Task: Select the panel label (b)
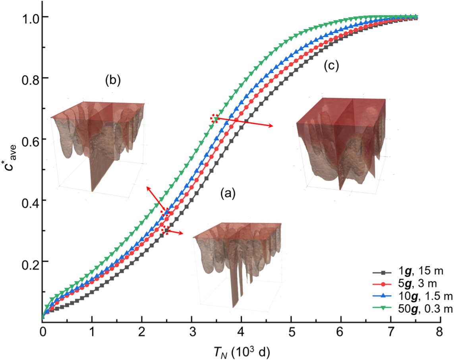pyautogui.click(x=112, y=81)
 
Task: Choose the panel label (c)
pyautogui.click(x=330, y=66)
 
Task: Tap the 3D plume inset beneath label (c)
pyautogui.click(x=342, y=143)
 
